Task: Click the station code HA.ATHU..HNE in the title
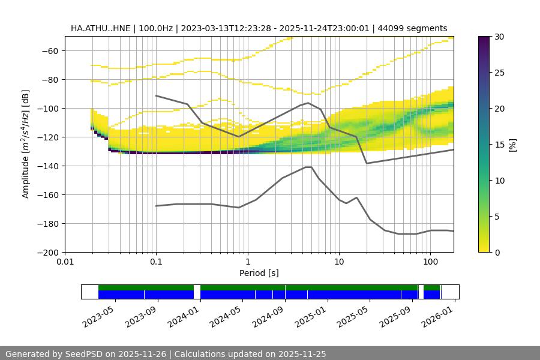click(x=100, y=28)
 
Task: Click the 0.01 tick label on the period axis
click(x=65, y=262)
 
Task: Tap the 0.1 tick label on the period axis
click(x=156, y=262)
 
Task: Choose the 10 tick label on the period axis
click(x=338, y=262)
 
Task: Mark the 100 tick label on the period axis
click(x=430, y=262)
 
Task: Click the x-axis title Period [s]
click(x=259, y=273)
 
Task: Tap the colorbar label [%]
click(x=512, y=145)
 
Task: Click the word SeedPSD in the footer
click(x=77, y=354)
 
